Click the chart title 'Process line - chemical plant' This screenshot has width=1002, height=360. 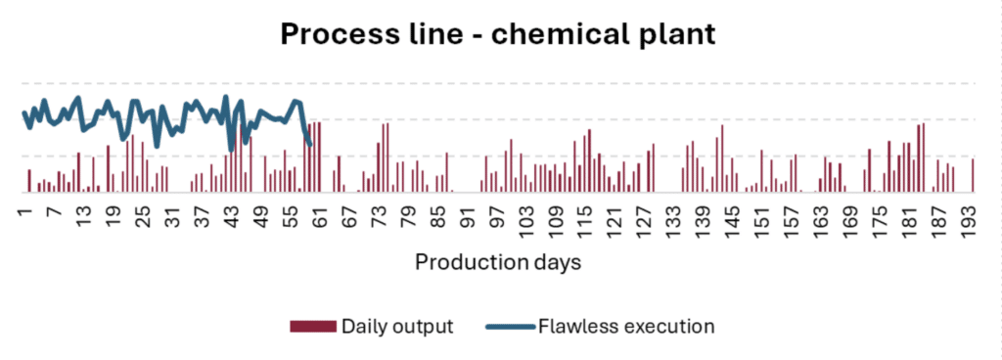pyautogui.click(x=499, y=34)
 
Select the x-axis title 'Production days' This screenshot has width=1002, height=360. pyautogui.click(x=499, y=262)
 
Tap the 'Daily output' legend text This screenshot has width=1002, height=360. pyautogui.click(x=396, y=326)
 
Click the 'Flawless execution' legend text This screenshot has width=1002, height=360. pyautogui.click(x=626, y=326)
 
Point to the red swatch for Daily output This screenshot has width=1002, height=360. pyautogui.click(x=312, y=326)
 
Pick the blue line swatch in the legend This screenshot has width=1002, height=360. pyautogui.click(x=511, y=326)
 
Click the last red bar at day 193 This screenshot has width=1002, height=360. pyautogui.click(x=973, y=175)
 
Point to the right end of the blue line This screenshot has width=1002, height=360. pyautogui.click(x=309, y=145)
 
